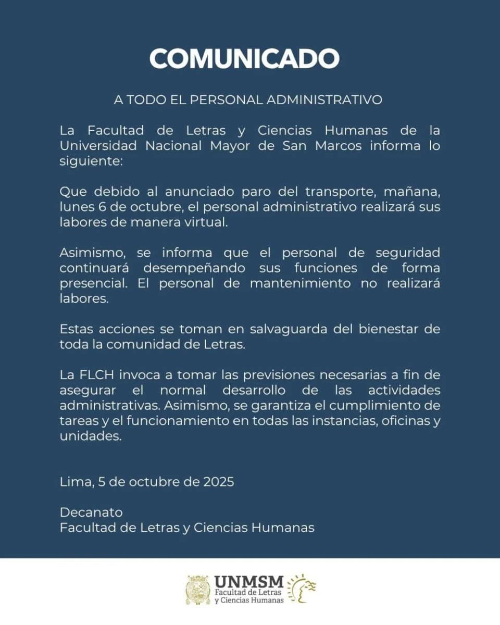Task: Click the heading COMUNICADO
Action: (244, 58)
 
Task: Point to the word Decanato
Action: (91, 512)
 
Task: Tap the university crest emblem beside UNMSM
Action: (198, 590)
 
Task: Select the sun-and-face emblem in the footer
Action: (303, 589)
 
